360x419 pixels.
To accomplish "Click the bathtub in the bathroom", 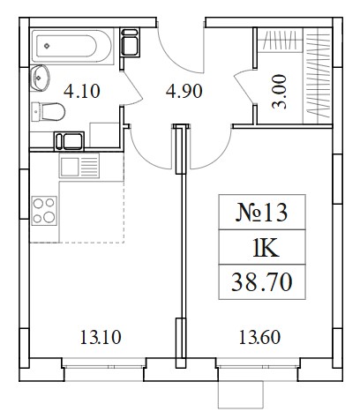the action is tap(72, 46).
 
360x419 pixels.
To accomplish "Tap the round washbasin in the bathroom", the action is tap(40, 78).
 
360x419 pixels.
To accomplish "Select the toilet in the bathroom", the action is tap(48, 111).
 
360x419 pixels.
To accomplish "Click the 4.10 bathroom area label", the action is tap(82, 91).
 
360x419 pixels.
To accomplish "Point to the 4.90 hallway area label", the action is tap(184, 91).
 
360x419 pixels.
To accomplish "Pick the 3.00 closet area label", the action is tap(279, 92).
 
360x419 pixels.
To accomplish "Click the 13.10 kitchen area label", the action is tap(101, 337).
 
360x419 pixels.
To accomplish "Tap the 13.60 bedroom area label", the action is tap(259, 337).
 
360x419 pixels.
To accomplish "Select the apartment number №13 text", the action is tap(261, 213).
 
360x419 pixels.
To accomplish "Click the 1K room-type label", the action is tap(266, 248).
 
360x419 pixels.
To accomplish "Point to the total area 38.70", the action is tap(262, 281).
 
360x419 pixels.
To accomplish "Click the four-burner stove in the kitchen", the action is tap(44, 211).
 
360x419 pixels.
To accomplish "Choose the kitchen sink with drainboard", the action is tap(79, 166).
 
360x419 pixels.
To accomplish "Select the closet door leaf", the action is tap(244, 86).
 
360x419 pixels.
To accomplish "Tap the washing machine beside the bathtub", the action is tap(130, 42).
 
